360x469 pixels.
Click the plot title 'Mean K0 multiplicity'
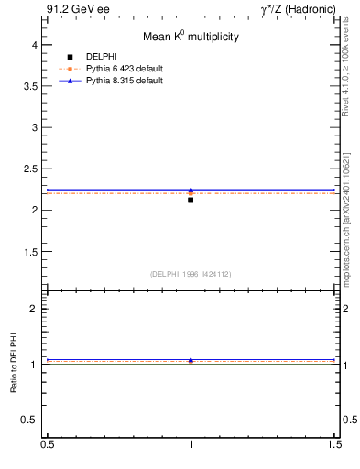(191, 38)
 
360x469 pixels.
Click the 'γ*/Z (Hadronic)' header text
(298, 9)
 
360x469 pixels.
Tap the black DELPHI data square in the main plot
(191, 199)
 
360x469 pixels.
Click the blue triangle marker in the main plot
(191, 190)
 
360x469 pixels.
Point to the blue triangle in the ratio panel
(191, 360)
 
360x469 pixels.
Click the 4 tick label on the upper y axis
(34, 44)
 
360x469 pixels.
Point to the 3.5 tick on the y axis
(30, 86)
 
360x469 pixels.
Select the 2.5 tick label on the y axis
(30, 169)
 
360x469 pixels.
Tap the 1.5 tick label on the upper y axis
(30, 252)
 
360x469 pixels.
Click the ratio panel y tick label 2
(34, 309)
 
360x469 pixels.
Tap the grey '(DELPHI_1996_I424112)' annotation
(191, 273)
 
